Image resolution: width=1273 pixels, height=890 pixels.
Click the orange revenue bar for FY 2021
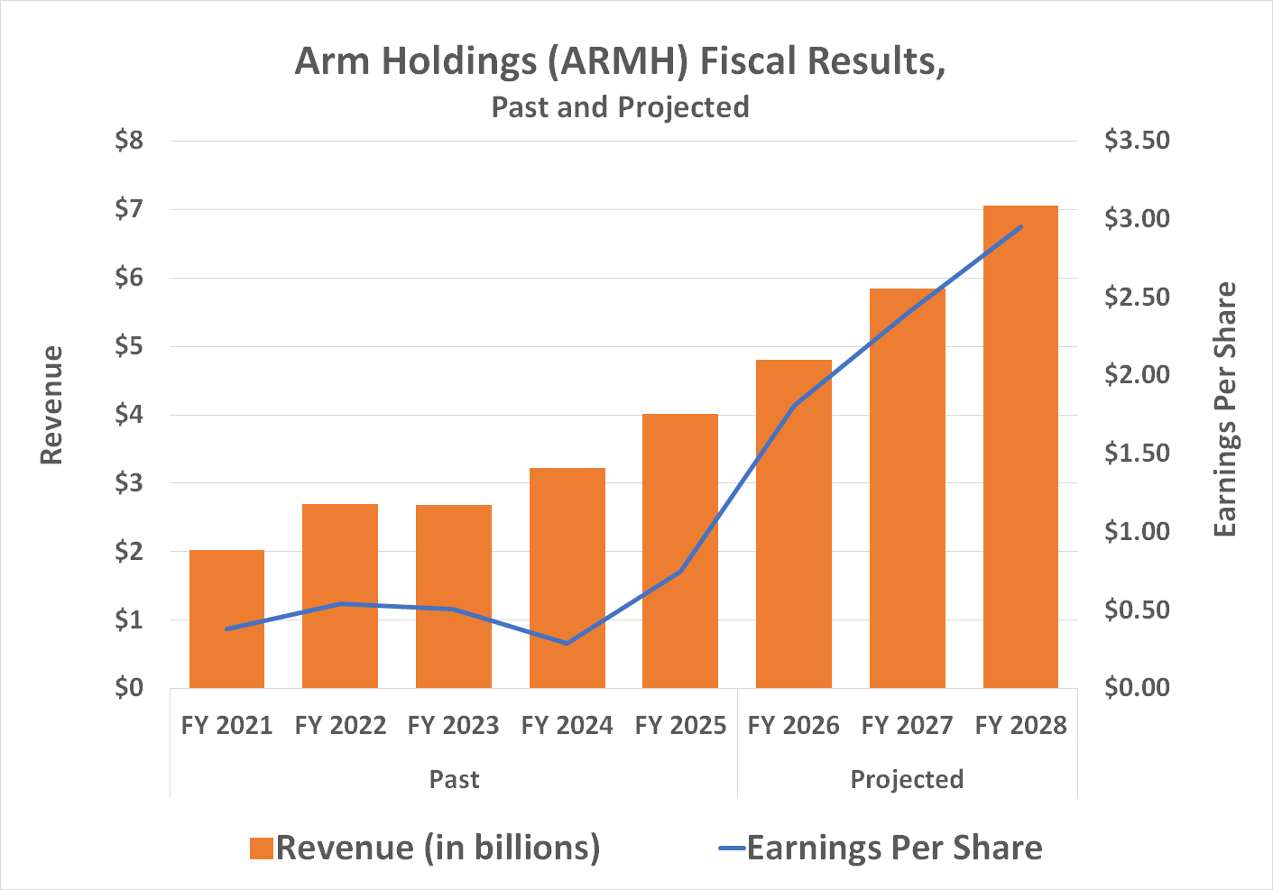tap(226, 619)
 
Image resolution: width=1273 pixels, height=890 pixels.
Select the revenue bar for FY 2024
tap(567, 577)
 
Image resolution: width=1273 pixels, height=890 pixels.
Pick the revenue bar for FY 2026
tap(793, 523)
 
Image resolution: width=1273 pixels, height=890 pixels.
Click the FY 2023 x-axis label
tap(453, 726)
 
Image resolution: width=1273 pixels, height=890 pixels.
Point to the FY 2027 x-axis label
tap(907, 726)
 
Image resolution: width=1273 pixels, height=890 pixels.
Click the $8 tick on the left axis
tap(129, 141)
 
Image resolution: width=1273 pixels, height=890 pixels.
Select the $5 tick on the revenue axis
tap(129, 346)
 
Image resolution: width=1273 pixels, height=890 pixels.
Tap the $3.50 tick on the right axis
tap(1137, 141)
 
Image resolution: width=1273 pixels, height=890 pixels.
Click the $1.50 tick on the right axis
tap(1137, 453)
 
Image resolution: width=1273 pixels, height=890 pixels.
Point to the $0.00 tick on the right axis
tap(1137, 688)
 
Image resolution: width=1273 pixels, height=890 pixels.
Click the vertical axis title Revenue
tap(52, 405)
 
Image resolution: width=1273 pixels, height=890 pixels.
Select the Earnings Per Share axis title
tap(1224, 410)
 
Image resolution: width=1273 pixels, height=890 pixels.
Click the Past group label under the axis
tap(454, 779)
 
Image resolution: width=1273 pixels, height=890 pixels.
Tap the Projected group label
tap(907, 779)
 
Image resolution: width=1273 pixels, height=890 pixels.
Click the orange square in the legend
tap(262, 849)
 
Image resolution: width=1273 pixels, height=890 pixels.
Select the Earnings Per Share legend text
tap(894, 849)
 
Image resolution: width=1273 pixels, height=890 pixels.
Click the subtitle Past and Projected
tap(620, 107)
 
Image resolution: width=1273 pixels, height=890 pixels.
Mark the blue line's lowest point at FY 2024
tap(567, 643)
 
